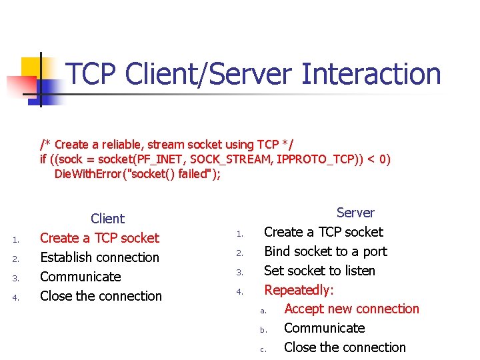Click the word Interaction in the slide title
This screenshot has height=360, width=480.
point(371,74)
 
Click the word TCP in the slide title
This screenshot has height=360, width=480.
point(93,74)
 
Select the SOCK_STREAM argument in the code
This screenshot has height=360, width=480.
point(225,159)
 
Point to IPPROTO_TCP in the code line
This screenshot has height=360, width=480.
point(312,159)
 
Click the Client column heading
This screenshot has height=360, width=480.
point(107,219)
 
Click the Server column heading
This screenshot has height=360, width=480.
point(355,213)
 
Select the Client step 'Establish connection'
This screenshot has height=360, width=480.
point(100,257)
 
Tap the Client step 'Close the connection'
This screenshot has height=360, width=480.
point(101,296)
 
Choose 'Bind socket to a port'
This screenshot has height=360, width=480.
point(325,251)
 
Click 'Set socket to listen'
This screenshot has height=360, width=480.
point(319,271)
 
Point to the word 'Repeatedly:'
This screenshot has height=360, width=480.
point(299,290)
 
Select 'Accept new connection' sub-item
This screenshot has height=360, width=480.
point(351,309)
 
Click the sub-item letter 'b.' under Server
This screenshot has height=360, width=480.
point(263,329)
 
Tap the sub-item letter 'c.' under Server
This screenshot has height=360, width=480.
point(263,349)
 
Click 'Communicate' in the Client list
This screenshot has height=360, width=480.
point(81,277)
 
